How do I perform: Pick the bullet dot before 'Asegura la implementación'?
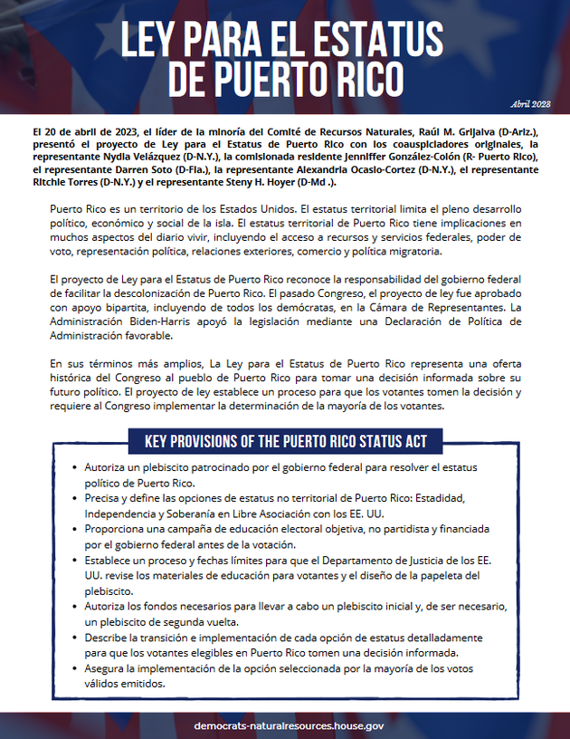pos(74,670)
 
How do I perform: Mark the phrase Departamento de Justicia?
pos(399,561)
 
